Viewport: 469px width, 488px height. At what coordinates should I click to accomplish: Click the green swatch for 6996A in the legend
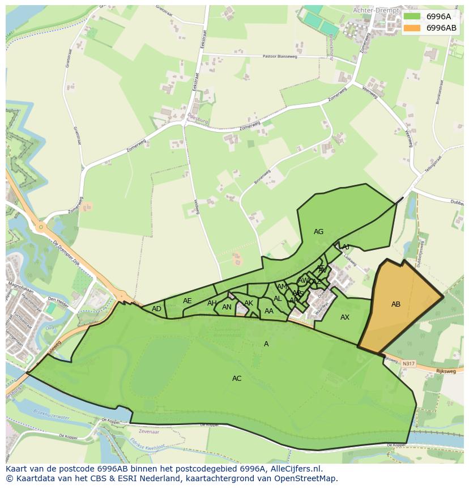(412, 16)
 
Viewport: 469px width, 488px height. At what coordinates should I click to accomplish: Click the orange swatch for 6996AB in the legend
(412, 28)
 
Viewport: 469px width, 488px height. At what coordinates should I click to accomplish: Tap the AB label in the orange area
(396, 304)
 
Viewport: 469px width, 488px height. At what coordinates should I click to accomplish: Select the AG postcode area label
(318, 232)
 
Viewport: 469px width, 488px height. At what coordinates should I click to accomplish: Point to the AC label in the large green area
(237, 379)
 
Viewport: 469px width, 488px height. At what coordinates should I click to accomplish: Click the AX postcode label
(344, 317)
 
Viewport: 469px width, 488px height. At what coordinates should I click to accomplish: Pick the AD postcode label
(156, 309)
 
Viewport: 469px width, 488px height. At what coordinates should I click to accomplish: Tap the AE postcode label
(187, 301)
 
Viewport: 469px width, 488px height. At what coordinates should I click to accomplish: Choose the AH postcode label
(212, 303)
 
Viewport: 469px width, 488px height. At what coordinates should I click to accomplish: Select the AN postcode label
(227, 307)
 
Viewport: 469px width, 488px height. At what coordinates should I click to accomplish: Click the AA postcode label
(269, 311)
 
